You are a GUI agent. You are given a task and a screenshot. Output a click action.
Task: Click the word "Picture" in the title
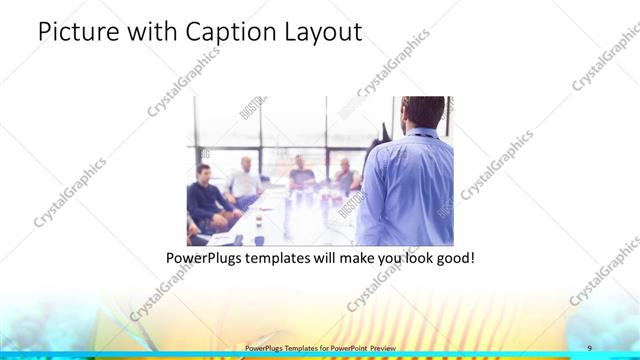tap(76, 32)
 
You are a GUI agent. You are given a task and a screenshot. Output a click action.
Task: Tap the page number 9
tap(590, 348)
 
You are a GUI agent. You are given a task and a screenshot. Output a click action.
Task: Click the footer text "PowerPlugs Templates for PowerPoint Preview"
tap(319, 348)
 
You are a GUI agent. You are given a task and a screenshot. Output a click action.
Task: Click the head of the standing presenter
tap(414, 113)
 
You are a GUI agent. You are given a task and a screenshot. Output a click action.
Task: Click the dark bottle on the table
tap(258, 238)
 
